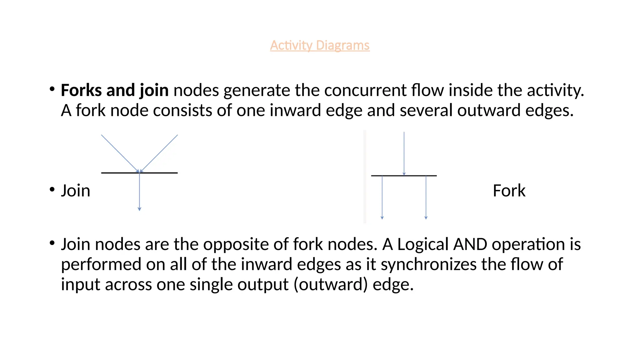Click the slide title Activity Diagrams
(320, 46)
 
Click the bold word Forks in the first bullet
(81, 90)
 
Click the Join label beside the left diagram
(76, 191)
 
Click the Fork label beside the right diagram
(509, 191)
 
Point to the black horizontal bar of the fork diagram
(391, 176)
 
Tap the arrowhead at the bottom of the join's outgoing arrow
(139, 209)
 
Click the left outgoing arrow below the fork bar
(382, 197)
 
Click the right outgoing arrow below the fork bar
(426, 197)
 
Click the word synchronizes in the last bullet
(428, 264)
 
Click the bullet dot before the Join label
(52, 189)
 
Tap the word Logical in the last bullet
(423, 244)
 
